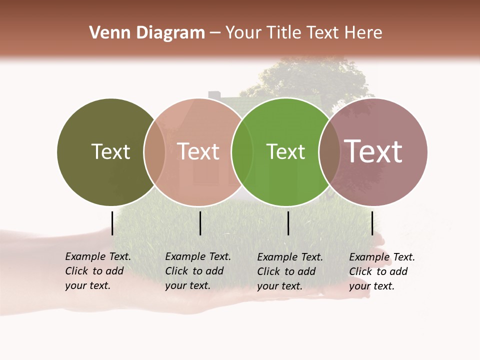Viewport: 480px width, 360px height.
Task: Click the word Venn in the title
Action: pyautogui.click(x=104, y=33)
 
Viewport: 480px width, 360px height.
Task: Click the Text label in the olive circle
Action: pyautogui.click(x=110, y=151)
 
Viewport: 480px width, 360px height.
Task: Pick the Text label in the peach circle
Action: pyautogui.click(x=198, y=151)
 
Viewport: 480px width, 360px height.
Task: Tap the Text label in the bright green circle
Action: pyautogui.click(x=285, y=151)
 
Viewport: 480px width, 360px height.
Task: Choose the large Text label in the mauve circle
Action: pyautogui.click(x=373, y=151)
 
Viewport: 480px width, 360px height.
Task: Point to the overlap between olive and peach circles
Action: pyautogui.click(x=154, y=151)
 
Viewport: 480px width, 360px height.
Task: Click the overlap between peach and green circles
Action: pyautogui.click(x=242, y=151)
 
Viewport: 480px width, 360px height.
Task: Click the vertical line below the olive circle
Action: pyautogui.click(x=112, y=223)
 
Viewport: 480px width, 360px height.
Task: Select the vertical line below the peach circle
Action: pyautogui.click(x=200, y=223)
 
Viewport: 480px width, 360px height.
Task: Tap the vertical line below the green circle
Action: pyautogui.click(x=288, y=223)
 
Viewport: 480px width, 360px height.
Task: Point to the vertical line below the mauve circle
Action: pyautogui.click(x=372, y=223)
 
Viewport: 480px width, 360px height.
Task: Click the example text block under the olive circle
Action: pyautogui.click(x=97, y=271)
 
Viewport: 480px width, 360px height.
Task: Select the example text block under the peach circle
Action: pyautogui.click(x=197, y=271)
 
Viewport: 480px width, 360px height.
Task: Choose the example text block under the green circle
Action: pyautogui.click(x=289, y=271)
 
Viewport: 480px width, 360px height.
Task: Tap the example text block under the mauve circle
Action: pyautogui.click(x=381, y=271)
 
